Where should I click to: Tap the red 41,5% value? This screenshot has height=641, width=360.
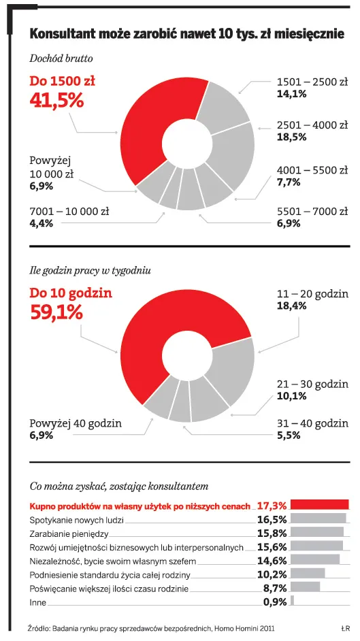(x=56, y=100)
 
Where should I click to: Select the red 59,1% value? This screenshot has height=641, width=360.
(x=56, y=312)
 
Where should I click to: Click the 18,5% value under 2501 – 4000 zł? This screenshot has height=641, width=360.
(x=291, y=137)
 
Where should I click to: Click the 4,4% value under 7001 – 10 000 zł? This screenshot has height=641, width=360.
(x=42, y=223)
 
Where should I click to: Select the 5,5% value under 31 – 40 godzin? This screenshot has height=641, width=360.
(x=289, y=435)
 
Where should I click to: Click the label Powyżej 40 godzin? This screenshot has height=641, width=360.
(x=76, y=423)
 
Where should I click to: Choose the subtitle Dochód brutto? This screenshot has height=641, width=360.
(x=61, y=59)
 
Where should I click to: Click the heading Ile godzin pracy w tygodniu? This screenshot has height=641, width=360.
(x=90, y=270)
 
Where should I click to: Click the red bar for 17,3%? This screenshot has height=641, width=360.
(x=319, y=504)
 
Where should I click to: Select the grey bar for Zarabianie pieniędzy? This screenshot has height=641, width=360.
(x=316, y=532)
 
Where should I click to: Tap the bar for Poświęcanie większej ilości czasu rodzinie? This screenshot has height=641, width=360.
(x=305, y=587)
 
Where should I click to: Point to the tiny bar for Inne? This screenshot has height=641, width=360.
(x=293, y=600)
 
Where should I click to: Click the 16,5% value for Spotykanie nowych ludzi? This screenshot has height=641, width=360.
(x=272, y=519)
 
